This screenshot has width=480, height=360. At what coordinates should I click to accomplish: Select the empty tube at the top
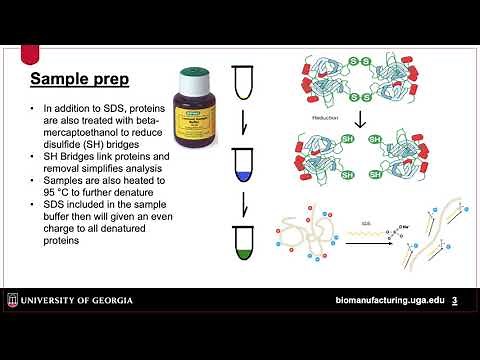point(244,82)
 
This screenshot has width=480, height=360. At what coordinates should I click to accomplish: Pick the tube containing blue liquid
point(244,162)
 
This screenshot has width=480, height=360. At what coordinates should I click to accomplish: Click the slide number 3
point(455,301)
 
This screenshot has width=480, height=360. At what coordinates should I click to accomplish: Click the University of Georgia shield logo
point(13,300)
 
